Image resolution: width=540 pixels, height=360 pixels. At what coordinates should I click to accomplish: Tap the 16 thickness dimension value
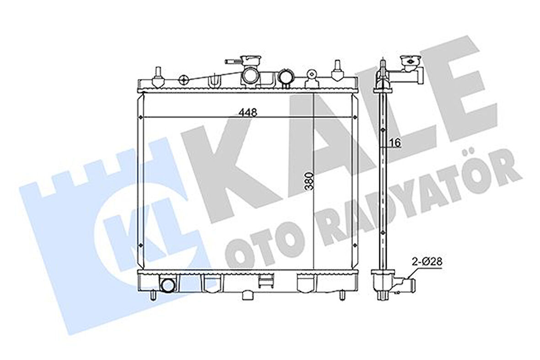tap(395, 143)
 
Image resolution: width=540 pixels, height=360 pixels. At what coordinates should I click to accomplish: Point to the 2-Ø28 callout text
tap(427, 262)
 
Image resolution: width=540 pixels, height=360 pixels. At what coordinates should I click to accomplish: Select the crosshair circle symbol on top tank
tap(183, 80)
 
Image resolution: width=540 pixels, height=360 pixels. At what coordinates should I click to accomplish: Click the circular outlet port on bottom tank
tap(168, 285)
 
